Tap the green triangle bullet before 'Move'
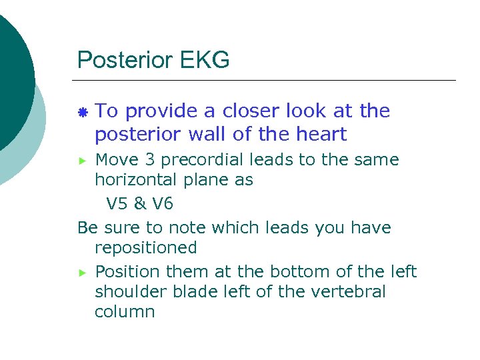[x=83, y=161]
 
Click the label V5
[x=118, y=202]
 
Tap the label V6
[x=162, y=202]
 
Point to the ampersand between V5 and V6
[x=140, y=202]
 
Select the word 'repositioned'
[x=146, y=248]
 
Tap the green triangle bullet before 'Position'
[x=83, y=272]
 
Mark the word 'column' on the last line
[x=125, y=312]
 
